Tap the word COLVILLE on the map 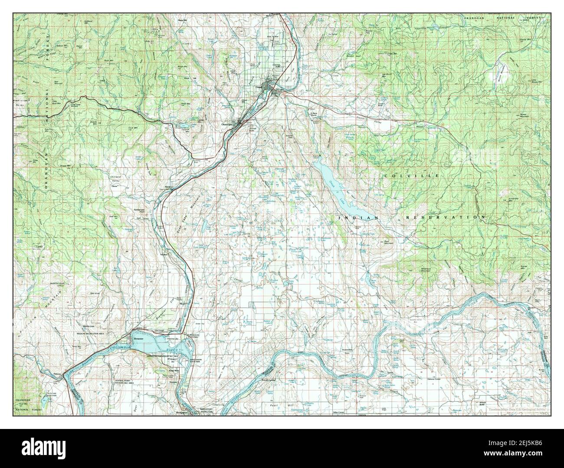click(x=411, y=175)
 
